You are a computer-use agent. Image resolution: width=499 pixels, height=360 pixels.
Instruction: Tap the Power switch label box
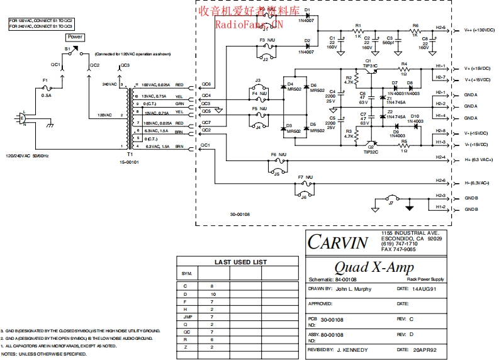tap(75, 37)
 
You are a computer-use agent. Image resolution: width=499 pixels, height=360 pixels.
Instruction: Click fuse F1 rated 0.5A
tap(45, 87)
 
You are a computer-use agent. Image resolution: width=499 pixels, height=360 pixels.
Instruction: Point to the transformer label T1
tap(130, 154)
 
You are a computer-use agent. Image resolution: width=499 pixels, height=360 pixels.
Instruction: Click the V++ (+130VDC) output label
tap(480, 29)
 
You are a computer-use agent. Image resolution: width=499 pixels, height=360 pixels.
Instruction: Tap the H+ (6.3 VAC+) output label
tap(479, 159)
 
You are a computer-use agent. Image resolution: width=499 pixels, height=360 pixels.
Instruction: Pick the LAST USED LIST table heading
tap(240, 262)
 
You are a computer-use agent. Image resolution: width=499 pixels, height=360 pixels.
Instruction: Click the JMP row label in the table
tap(187, 316)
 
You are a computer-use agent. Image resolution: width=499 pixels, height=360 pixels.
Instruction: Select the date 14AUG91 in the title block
tap(425, 289)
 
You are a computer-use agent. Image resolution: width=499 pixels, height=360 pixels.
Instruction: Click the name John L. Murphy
tap(354, 289)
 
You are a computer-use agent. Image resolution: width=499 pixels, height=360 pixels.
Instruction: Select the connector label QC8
tap(206, 84)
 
